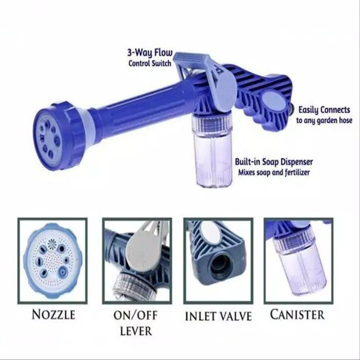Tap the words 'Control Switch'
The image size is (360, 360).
150,63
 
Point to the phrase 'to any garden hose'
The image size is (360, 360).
324,121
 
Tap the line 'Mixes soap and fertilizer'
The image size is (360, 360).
274,172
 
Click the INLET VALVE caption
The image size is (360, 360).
218,316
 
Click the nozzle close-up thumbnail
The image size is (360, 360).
53,261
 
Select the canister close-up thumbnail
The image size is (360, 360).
297,261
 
